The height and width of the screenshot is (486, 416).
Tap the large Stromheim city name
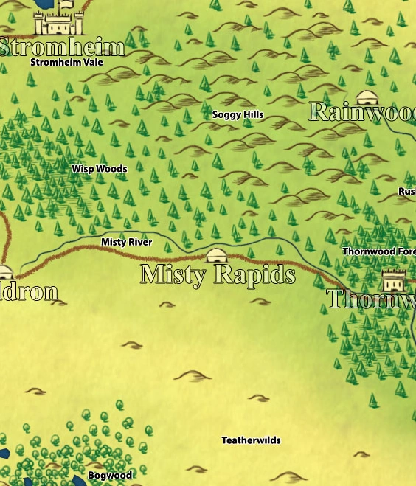point(62,47)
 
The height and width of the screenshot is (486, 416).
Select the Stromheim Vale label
point(66,63)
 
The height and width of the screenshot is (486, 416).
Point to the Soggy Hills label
point(238,115)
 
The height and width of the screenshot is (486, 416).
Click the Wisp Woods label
point(100,169)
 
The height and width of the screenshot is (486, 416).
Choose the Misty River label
point(127,243)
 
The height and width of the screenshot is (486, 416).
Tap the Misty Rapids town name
point(218,274)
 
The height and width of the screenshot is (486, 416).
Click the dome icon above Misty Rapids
point(216,256)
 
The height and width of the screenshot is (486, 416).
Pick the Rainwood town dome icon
point(367,98)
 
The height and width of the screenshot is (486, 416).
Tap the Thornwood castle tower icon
point(394,280)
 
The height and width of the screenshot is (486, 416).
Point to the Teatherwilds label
point(252,440)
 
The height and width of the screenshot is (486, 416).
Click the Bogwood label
point(110,476)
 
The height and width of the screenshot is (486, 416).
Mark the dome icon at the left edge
point(4,272)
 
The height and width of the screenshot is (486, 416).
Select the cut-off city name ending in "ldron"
point(29,291)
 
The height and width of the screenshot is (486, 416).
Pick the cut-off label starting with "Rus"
point(407,192)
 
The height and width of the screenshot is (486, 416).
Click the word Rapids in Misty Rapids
point(255,274)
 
